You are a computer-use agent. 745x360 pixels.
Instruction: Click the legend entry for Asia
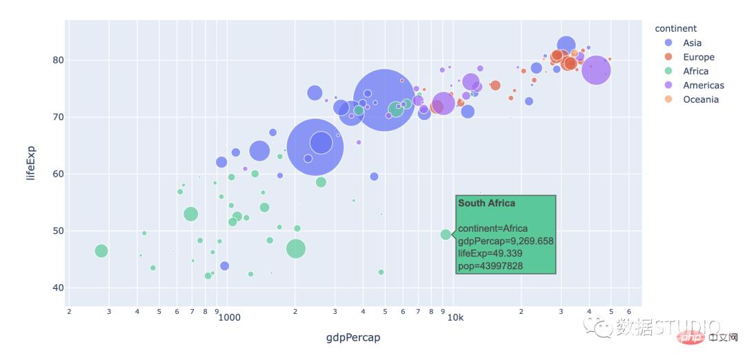tap(692, 43)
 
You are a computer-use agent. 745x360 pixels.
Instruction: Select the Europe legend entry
tap(698, 57)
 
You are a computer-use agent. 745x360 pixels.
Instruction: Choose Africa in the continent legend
tap(695, 71)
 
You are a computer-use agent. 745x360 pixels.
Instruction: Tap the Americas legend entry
tap(703, 86)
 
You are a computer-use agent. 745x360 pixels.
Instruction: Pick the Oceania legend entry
tap(700, 99)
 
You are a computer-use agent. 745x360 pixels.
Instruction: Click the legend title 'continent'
tap(675, 28)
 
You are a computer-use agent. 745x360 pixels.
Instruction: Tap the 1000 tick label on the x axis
tap(229, 318)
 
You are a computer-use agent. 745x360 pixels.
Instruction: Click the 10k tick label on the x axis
tap(454, 318)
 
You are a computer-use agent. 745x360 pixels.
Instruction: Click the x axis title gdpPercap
tap(352, 338)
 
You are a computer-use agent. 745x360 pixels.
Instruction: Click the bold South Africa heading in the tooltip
tap(486, 203)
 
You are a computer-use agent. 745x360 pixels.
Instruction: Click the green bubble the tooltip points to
tap(446, 234)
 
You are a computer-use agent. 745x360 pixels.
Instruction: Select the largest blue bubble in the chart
tap(384, 100)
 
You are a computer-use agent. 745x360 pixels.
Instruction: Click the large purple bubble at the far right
tap(596, 70)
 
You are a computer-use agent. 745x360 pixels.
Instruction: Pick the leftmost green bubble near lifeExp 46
tap(101, 251)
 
